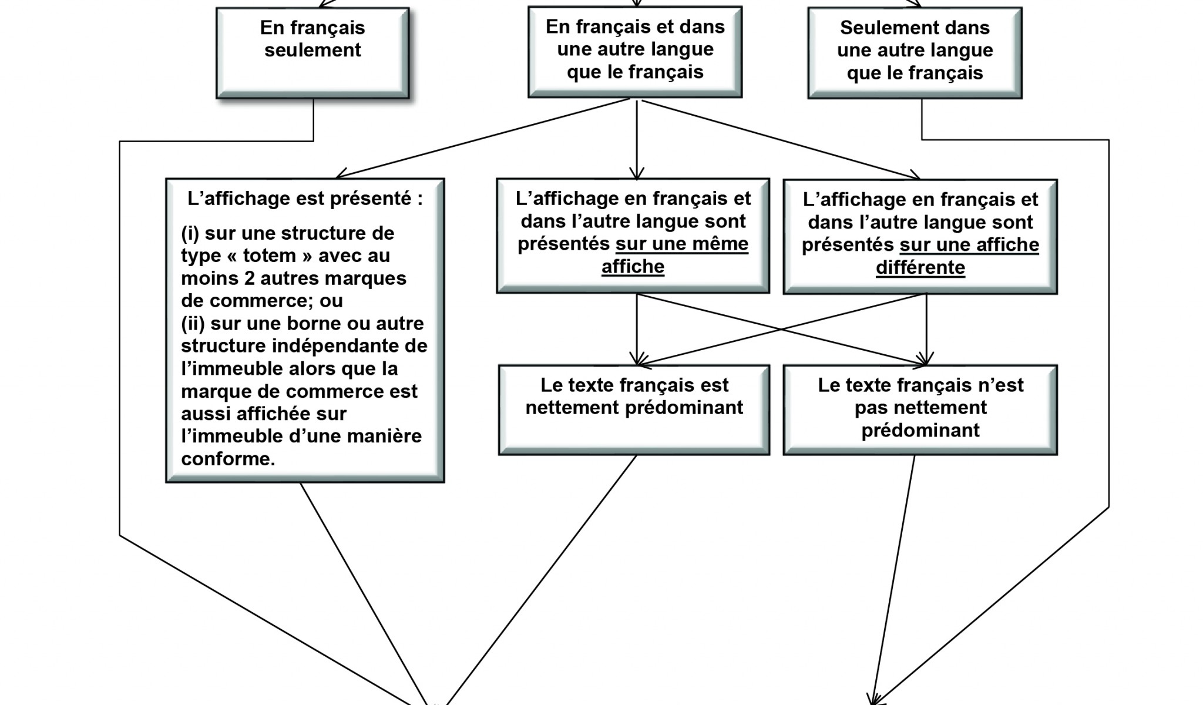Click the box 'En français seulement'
pyautogui.click(x=312, y=53)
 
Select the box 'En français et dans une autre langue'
pyautogui.click(x=635, y=52)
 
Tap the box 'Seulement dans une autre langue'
pyautogui.click(x=915, y=53)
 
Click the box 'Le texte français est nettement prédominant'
pyautogui.click(x=634, y=409)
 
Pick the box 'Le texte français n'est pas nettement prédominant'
pyautogui.click(x=920, y=409)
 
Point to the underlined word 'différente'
pyautogui.click(x=920, y=268)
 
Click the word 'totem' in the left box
pyautogui.click(x=269, y=256)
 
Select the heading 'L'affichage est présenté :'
pyautogui.click(x=305, y=199)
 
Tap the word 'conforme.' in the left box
pyautogui.click(x=228, y=459)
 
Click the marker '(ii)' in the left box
pyautogui.click(x=193, y=324)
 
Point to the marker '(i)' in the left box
pyautogui.click(x=190, y=233)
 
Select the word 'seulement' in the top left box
pyautogui.click(x=312, y=51)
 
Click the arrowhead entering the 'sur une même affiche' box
pyautogui.click(x=637, y=173)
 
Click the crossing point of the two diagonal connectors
pyautogui.click(x=782, y=329)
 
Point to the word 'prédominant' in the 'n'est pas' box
pyautogui.click(x=920, y=431)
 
